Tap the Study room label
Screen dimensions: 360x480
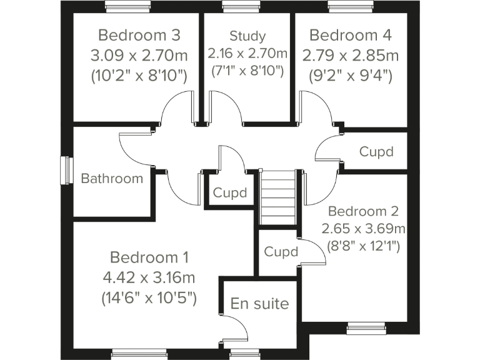tap(247, 36)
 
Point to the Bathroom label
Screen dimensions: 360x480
tap(112, 179)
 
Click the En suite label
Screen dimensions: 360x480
tap(259, 304)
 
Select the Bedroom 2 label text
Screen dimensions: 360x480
tap(363, 211)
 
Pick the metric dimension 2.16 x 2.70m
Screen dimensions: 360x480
tap(247, 54)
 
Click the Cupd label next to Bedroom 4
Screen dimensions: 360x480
tap(376, 152)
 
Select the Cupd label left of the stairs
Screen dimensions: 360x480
tap(230, 192)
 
